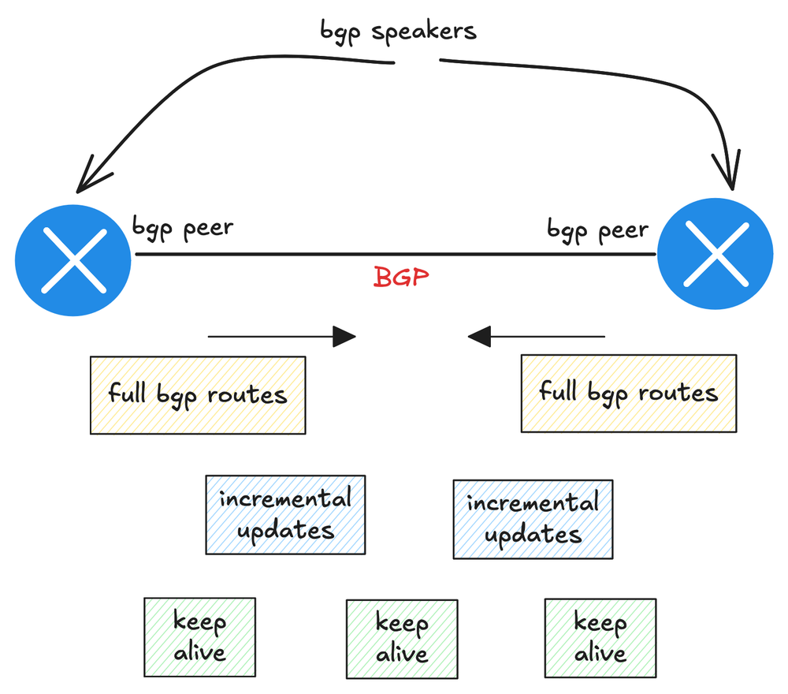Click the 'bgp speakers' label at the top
click(x=398, y=32)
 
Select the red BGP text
click(x=401, y=278)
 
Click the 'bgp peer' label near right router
click(x=597, y=231)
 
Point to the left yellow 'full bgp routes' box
click(x=198, y=395)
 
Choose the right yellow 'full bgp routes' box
click(x=628, y=393)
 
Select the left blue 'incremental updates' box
click(x=285, y=514)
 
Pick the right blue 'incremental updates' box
click(x=533, y=519)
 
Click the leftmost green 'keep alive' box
click(x=199, y=637)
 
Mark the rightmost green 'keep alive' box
click(x=600, y=638)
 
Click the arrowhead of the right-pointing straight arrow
click(x=345, y=337)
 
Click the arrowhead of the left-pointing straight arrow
click(x=479, y=338)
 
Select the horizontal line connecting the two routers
click(x=394, y=255)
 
